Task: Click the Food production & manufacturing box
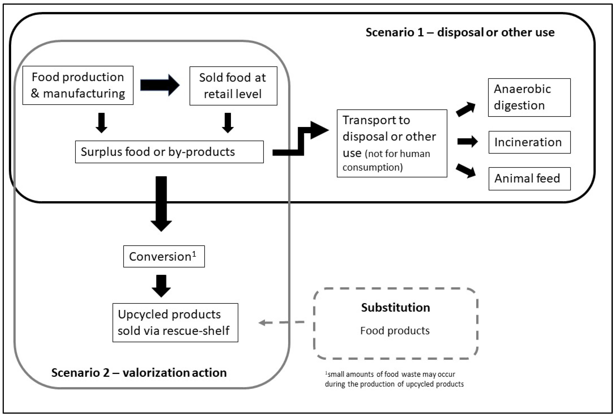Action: point(78,85)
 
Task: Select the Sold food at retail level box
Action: point(233,86)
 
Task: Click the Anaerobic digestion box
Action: point(529,97)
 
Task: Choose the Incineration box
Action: point(529,142)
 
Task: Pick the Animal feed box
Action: point(529,179)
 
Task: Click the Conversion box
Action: point(164,256)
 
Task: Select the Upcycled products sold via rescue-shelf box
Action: point(175,323)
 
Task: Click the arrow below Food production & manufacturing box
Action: point(101,123)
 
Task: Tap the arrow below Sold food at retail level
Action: point(228,123)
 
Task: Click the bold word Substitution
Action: point(395,307)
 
